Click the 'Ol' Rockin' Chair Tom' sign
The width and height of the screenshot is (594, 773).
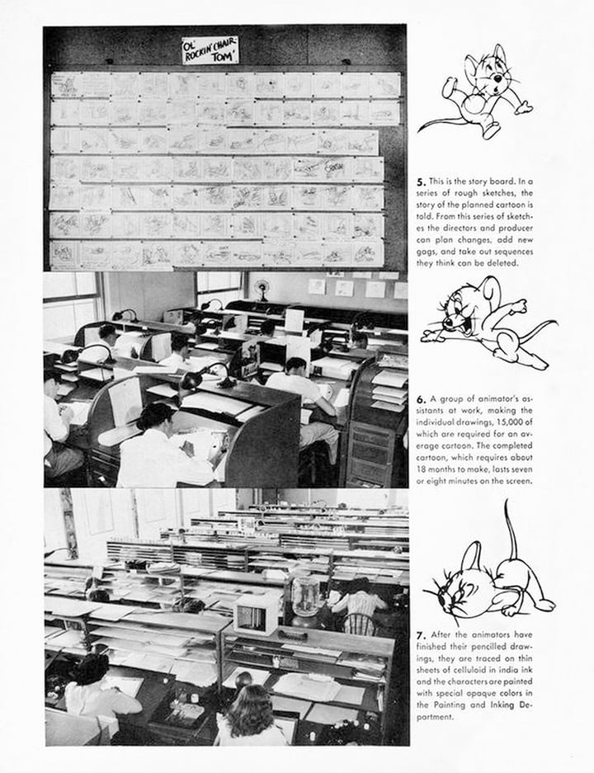click(x=210, y=50)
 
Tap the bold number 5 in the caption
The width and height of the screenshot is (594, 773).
click(x=421, y=181)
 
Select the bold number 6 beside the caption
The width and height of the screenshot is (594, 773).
click(x=421, y=398)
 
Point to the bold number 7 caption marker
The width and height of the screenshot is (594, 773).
click(x=421, y=634)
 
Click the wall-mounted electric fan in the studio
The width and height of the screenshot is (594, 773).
click(x=263, y=287)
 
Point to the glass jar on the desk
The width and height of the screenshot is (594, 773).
click(x=306, y=596)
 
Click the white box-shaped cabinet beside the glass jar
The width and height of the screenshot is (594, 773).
click(x=256, y=615)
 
